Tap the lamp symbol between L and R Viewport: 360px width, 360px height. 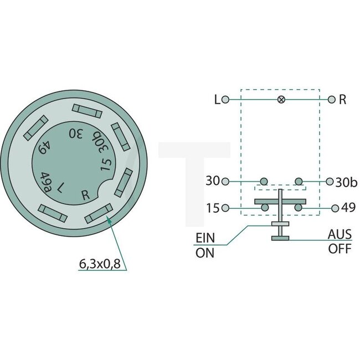281,100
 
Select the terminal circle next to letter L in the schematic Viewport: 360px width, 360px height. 225,100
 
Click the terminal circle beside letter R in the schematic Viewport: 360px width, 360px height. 331,100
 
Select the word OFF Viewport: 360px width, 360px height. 340,249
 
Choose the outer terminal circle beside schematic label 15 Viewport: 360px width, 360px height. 225,208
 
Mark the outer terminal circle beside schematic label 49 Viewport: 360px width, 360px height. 335,208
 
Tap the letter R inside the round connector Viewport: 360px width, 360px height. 85,194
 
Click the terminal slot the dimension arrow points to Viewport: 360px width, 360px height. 99,213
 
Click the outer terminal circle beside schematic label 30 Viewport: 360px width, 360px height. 225,181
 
